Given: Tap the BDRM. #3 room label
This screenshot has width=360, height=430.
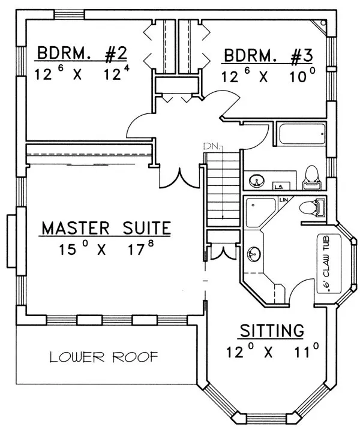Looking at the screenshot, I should tap(268, 56).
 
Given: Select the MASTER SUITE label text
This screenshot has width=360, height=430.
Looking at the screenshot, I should tap(106, 228).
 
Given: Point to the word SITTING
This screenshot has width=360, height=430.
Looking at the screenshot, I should tap(272, 330).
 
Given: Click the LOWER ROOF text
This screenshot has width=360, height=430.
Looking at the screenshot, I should tap(104, 358).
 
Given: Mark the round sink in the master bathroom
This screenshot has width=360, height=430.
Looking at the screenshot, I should tap(254, 255).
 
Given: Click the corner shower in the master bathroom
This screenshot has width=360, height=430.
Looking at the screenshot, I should tap(259, 211).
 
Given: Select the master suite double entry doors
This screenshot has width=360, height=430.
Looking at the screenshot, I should tap(178, 176).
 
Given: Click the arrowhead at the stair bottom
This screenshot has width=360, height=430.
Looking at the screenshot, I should tap(223, 218).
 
